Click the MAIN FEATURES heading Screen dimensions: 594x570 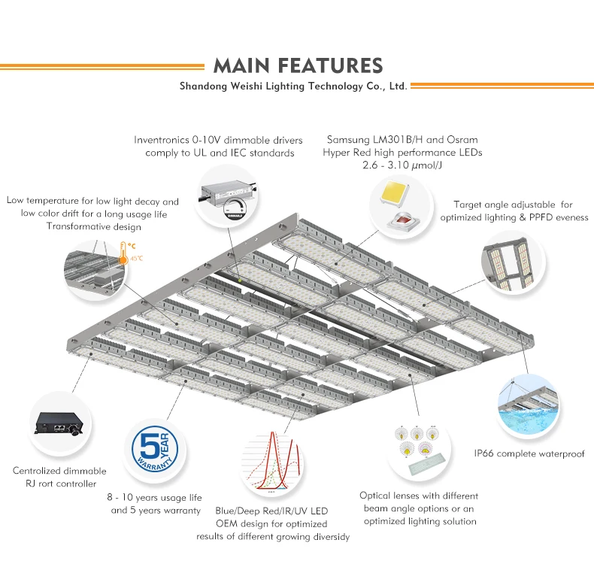(298, 65)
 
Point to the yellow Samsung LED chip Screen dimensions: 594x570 (395, 194)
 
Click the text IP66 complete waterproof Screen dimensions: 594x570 (528, 453)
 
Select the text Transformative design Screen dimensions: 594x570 (92, 227)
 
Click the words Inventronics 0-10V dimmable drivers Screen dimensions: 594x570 (218, 140)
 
